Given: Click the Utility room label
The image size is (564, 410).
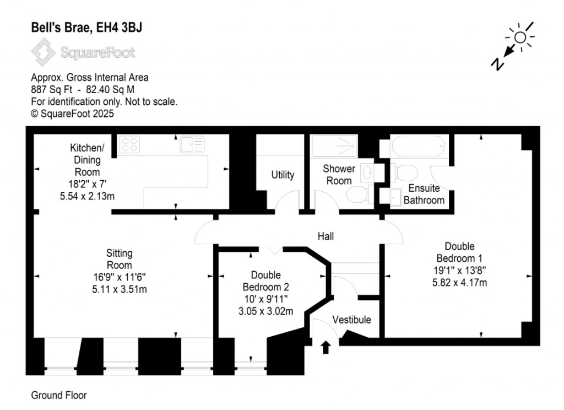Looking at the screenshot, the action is click(x=283, y=175).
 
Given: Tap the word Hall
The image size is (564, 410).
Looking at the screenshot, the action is click(x=326, y=236).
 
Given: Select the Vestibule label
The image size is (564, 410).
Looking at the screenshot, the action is click(x=351, y=320).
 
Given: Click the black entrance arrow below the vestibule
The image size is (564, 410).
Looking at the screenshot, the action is click(x=326, y=347).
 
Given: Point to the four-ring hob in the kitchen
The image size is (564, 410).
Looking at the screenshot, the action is click(x=129, y=144).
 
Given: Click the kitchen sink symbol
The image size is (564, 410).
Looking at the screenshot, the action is click(x=192, y=144).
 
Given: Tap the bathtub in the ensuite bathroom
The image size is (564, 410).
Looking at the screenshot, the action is click(x=419, y=146).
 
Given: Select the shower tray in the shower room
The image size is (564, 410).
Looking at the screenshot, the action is click(x=334, y=146).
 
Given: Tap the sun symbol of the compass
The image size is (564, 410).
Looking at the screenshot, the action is click(x=520, y=37).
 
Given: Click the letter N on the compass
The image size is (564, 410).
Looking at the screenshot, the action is click(x=497, y=64).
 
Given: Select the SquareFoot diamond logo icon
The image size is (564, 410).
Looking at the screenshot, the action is click(x=43, y=52).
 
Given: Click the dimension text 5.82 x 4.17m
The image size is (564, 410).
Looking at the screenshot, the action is click(x=459, y=283).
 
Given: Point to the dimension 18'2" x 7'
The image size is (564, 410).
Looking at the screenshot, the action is click(x=88, y=184).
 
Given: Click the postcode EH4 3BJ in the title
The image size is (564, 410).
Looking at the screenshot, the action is click(x=119, y=28).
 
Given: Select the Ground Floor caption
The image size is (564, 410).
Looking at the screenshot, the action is click(x=59, y=395).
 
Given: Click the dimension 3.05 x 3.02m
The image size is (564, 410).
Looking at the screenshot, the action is click(x=266, y=311).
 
